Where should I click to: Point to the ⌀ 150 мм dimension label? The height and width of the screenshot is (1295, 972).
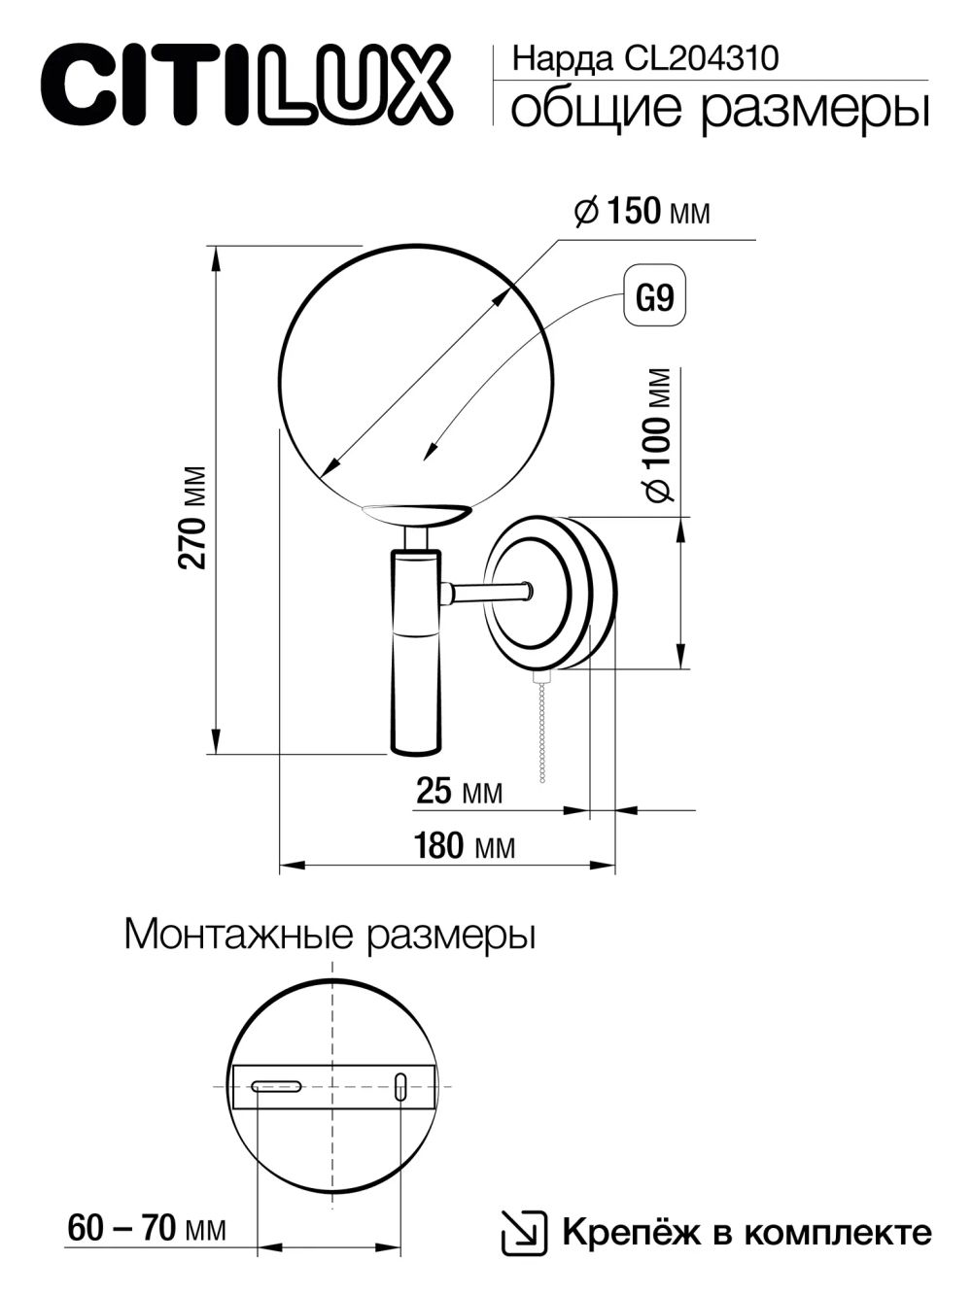[x=642, y=211]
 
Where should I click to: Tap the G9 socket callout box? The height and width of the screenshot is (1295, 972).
[x=653, y=296]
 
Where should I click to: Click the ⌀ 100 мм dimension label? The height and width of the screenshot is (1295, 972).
[x=658, y=435]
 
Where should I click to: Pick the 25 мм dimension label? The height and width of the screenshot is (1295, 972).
[x=459, y=792]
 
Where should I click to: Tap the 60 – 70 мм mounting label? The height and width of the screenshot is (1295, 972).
[x=147, y=1229]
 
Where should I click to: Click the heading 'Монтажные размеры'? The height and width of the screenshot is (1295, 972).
[x=330, y=936]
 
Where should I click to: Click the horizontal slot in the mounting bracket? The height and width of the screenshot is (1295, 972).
[x=278, y=1086]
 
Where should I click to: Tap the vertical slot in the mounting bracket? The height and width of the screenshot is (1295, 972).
[x=399, y=1086]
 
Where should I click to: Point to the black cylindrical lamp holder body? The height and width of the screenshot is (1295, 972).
[x=415, y=651]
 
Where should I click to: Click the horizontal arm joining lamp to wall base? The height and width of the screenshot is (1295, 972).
[x=486, y=590]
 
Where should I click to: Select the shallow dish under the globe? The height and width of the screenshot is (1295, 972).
[x=415, y=513]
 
